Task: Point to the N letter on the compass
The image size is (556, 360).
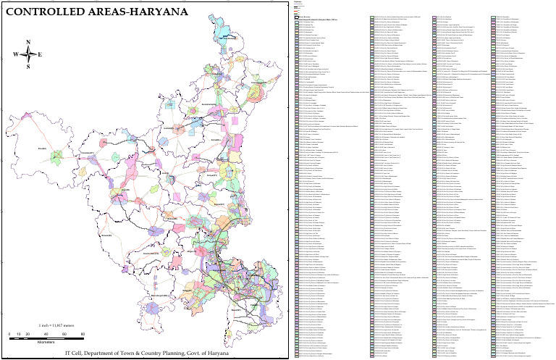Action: (28, 43)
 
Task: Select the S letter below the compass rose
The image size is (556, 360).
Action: (28, 67)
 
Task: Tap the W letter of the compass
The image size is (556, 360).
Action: (15, 55)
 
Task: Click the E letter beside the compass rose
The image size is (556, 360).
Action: (40, 55)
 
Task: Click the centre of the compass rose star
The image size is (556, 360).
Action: (28, 55)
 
